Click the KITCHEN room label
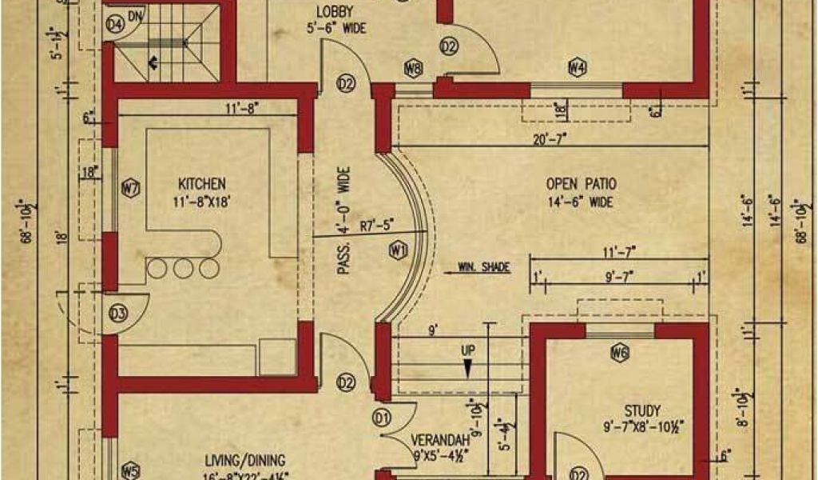[x=201, y=182]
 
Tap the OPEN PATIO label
[x=581, y=184]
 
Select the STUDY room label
[x=643, y=411]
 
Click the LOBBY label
[x=336, y=11]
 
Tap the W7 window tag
[x=131, y=189]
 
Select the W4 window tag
[x=578, y=67]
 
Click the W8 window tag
[x=413, y=69]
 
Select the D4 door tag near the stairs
[x=116, y=25]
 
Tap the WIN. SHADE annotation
[x=483, y=267]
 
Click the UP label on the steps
[x=467, y=350]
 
